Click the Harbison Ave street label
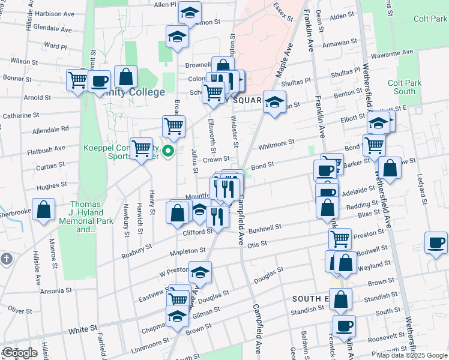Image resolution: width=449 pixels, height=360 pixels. click(x=53, y=13)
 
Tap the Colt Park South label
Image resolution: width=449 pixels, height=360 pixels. click(x=402, y=87)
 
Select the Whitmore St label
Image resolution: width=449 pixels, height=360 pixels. click(x=276, y=144)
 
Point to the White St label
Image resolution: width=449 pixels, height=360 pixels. click(x=83, y=330)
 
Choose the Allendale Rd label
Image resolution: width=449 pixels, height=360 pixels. click(x=50, y=129)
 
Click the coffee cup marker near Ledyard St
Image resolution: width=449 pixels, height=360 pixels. click(x=436, y=242)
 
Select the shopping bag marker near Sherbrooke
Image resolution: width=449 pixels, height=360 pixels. click(x=44, y=210)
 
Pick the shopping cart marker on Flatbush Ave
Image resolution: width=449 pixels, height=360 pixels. click(x=142, y=147)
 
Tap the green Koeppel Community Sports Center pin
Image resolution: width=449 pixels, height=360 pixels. click(x=169, y=151)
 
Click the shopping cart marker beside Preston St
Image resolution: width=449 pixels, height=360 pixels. click(x=340, y=239)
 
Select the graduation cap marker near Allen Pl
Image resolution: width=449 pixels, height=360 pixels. click(x=190, y=13)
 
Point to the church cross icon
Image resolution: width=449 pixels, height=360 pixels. click(x=7, y=259)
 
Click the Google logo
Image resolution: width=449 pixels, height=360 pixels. click(x=20, y=353)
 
